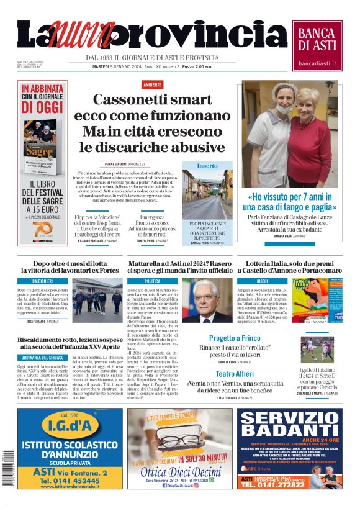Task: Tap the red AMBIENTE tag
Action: pyautogui.click(x=152, y=84)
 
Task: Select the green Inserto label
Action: pyautogui.click(x=207, y=166)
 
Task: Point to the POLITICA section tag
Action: pyautogui.click(x=152, y=281)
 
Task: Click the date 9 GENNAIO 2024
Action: pyautogui.click(x=118, y=66)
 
